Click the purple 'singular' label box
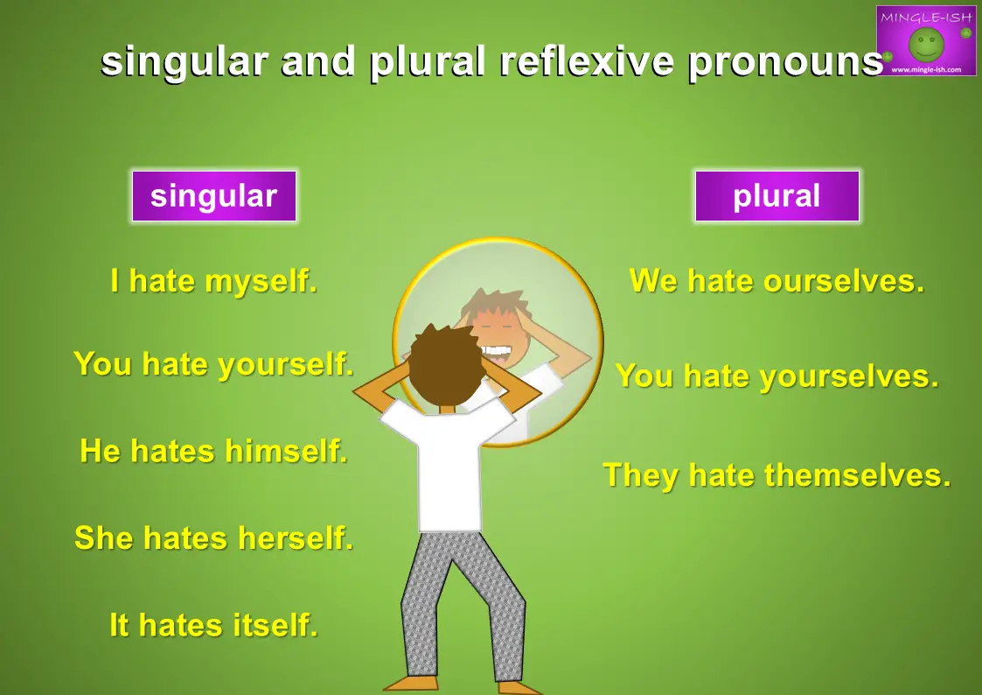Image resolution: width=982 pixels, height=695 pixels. pyautogui.click(x=214, y=196)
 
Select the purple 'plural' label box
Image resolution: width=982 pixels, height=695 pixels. pyautogui.click(x=777, y=196)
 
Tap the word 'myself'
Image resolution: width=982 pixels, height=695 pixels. pyautogui.click(x=261, y=281)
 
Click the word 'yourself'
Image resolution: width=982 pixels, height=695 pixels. pyautogui.click(x=286, y=365)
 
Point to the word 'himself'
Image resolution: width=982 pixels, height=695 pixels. pyautogui.click(x=286, y=451)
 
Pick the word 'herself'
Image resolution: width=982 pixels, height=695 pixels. pyautogui.click(x=296, y=537)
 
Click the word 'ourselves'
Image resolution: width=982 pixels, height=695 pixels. pyautogui.click(x=844, y=280)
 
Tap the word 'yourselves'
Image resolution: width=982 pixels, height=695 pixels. pyautogui.click(x=850, y=377)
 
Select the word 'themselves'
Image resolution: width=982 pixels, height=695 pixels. pyautogui.click(x=858, y=475)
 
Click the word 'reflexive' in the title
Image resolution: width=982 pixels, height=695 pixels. pyautogui.click(x=587, y=61)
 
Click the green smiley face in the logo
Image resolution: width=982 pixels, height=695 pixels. pyautogui.click(x=926, y=44)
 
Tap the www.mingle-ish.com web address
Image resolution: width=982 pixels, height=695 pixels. pyautogui.click(x=926, y=69)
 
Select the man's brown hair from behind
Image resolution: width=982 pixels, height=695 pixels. pyautogui.click(x=447, y=363)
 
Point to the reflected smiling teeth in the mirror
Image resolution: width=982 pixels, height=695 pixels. pyautogui.click(x=497, y=351)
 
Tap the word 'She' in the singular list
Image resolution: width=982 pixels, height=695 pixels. pyautogui.click(x=103, y=537)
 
